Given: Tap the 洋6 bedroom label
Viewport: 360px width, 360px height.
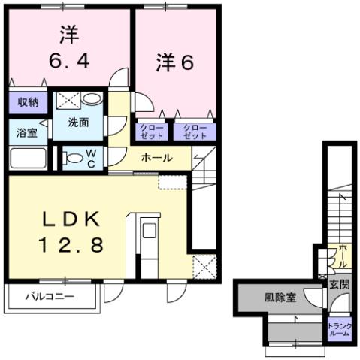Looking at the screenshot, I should (x=175, y=62).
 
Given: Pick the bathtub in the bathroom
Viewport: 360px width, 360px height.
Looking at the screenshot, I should (x=29, y=159).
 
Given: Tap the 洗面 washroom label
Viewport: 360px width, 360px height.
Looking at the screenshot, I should (x=78, y=123).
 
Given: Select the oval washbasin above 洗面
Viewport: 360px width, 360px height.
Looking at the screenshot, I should (x=92, y=99).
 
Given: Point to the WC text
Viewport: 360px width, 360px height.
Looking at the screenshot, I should (x=90, y=158).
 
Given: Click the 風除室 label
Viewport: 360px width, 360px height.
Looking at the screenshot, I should (x=280, y=297).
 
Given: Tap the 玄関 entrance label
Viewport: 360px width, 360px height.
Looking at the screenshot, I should (x=338, y=284).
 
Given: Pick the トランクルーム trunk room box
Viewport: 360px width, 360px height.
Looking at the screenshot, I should (x=337, y=329).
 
